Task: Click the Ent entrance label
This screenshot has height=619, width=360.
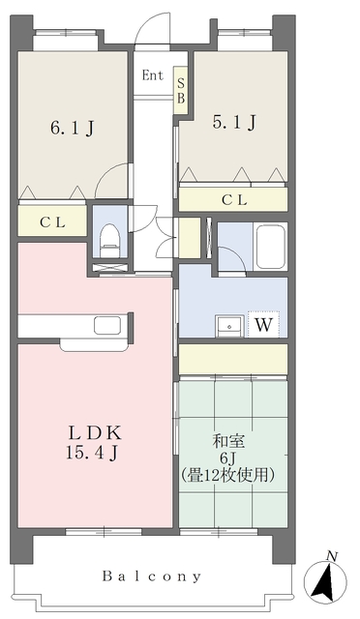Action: point(152,75)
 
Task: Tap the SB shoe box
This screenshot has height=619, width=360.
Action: point(180,89)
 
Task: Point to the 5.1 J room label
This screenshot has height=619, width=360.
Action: point(233,122)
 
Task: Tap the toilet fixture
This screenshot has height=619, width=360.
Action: point(109,238)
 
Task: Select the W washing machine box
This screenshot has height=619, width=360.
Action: point(263,325)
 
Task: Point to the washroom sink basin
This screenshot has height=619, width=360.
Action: point(229,325)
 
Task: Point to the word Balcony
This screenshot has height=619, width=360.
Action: point(152,575)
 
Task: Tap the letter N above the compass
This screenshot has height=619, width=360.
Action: point(332,555)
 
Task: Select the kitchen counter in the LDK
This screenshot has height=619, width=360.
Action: point(73,325)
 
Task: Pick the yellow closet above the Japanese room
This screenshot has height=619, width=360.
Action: point(233,359)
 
